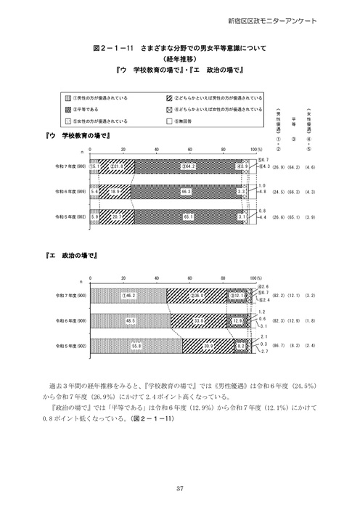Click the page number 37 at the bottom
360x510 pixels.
tap(179, 488)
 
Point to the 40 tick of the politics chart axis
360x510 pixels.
tap(157, 278)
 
